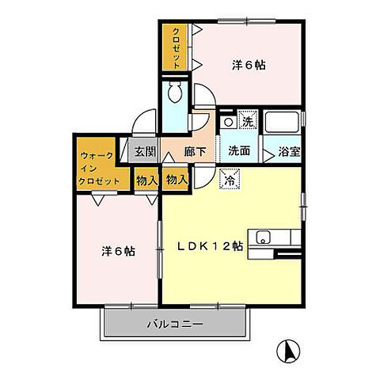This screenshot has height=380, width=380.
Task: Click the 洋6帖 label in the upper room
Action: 249,65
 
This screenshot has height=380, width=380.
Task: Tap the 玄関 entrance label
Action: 144,150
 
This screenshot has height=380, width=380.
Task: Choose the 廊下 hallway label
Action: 196,150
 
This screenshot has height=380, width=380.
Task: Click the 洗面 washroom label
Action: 240,150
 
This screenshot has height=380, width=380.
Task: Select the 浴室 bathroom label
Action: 286,150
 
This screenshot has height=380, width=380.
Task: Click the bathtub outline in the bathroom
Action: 282,123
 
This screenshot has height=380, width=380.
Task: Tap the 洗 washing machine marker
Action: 247,122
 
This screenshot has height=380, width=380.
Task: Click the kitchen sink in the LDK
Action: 263,237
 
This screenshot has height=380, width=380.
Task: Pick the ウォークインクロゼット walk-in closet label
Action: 100,168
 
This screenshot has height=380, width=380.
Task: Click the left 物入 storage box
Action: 146,180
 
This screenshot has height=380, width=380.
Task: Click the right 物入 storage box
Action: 177,180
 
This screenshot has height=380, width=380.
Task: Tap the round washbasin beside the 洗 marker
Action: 227,123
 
